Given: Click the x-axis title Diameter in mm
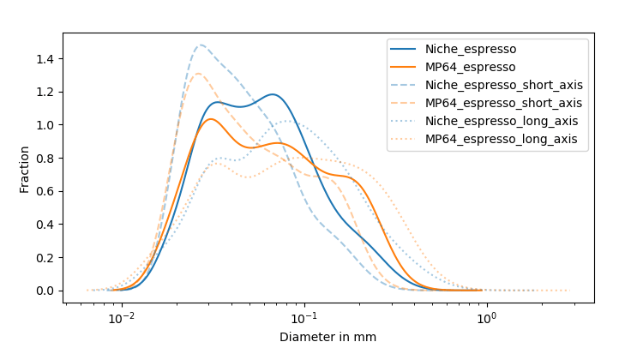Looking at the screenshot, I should pyautogui.click(x=328, y=338).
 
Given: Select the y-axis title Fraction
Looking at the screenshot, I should pyautogui.click(x=25, y=169).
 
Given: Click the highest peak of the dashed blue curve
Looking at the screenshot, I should pyautogui.click(x=201, y=45).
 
